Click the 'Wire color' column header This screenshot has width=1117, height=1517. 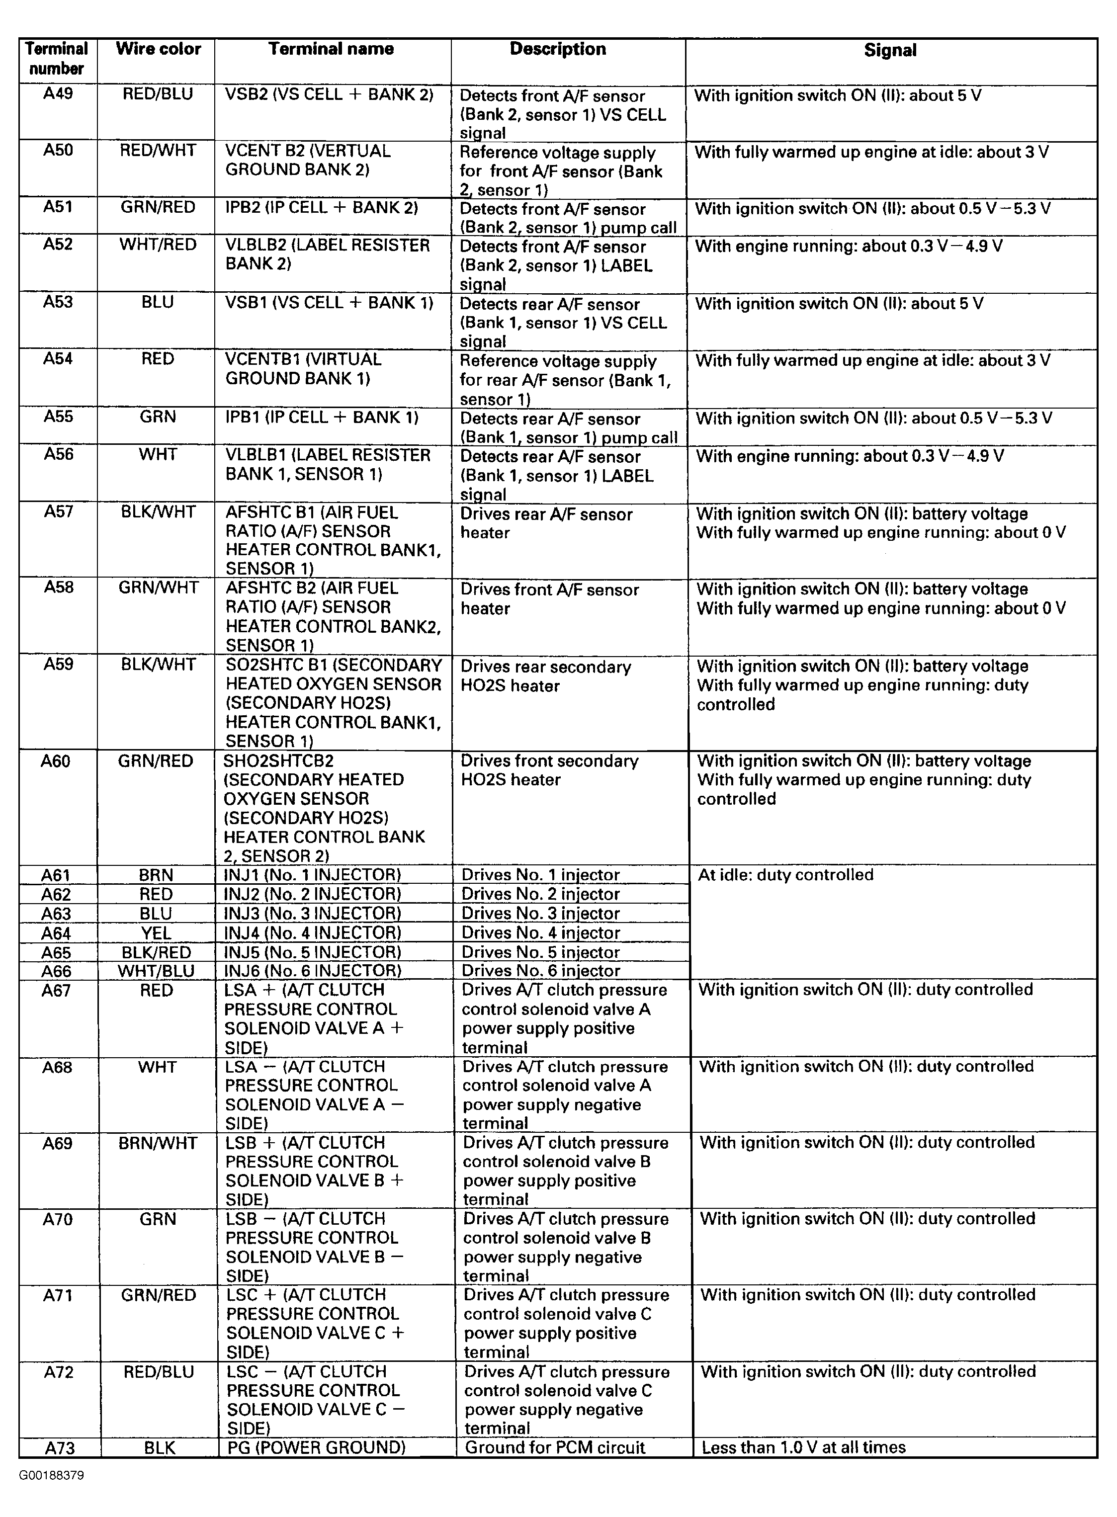point(158,49)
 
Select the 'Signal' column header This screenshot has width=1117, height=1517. point(890,51)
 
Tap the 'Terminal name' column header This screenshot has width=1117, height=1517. point(331,49)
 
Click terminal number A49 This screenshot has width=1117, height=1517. point(58,94)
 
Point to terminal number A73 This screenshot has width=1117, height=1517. point(60,1448)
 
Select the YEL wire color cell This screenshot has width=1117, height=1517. point(156,933)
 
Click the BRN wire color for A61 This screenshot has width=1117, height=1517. point(156,875)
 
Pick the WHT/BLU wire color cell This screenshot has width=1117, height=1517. point(156,971)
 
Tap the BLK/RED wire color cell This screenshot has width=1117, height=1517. point(156,952)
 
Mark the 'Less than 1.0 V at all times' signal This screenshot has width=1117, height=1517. point(803,1447)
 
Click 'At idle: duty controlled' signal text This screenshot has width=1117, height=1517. point(786,875)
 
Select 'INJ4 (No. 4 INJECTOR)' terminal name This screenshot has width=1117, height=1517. point(312,933)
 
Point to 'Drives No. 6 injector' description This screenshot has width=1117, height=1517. point(541,971)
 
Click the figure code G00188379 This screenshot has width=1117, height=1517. point(51,1475)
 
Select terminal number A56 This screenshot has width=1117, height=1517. point(58,454)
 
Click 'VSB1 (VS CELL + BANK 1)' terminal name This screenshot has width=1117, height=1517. point(329,303)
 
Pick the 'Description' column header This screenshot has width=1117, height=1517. point(558,49)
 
